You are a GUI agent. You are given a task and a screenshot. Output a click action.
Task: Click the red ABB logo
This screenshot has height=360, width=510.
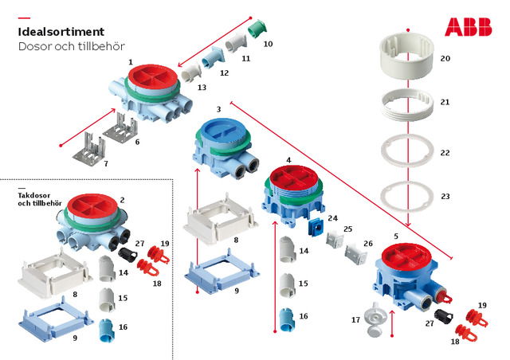468,27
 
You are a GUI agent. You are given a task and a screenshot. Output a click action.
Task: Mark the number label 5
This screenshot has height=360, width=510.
396,237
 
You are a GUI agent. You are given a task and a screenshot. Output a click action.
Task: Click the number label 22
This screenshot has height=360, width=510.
445,152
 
